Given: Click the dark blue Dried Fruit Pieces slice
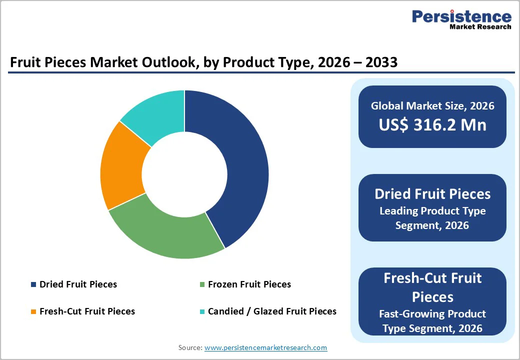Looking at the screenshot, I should pos(240,165).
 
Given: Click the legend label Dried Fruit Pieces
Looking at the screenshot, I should pos(78,284).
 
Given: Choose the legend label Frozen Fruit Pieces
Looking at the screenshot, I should pos(249,284).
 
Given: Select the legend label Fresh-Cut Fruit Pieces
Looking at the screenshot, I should pos(87,311).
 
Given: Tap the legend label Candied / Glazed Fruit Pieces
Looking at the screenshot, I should pos(272,311).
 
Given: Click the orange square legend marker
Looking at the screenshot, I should pos(33,311).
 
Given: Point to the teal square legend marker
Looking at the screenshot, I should pos(202,311).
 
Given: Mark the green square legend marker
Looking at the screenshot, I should pos(202,284).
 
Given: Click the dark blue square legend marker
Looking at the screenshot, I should pos(33,284).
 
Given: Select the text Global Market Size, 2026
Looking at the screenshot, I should pos(432,106).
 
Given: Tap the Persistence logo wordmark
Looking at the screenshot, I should pos(461,17).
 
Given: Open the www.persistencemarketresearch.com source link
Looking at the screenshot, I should pos(266,347).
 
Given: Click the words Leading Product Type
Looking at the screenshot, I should pos(432,211).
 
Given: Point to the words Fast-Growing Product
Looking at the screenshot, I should pos(432,314).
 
